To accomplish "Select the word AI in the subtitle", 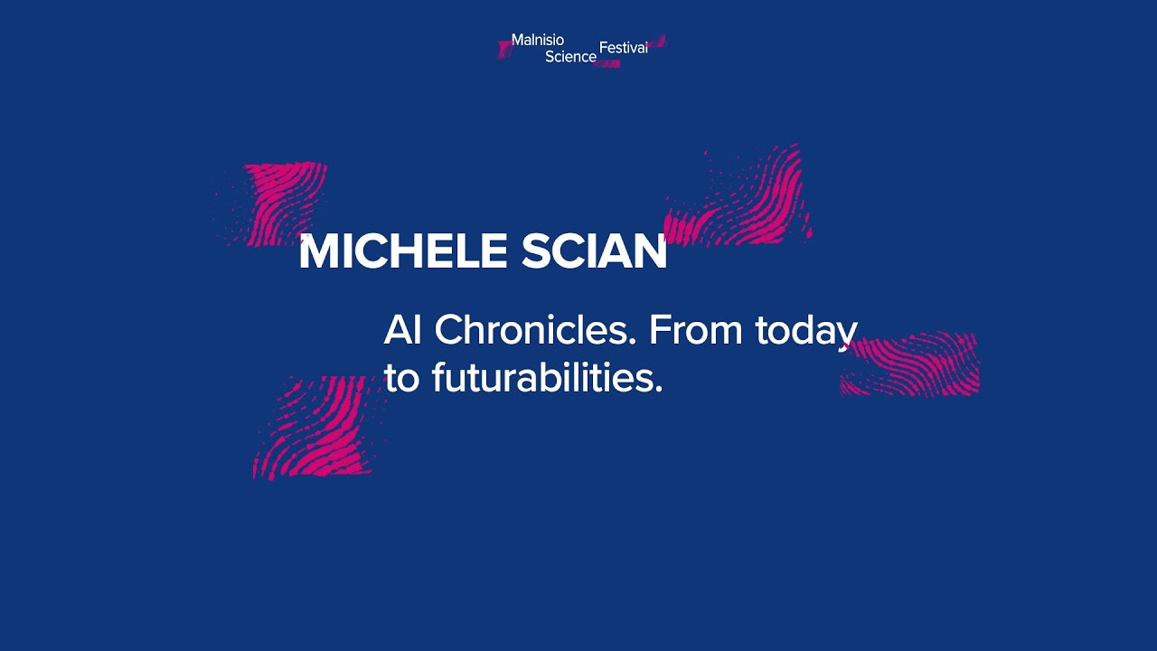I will click(x=403, y=331).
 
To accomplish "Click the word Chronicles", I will click(x=528, y=331).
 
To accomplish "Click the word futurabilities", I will click(x=543, y=378).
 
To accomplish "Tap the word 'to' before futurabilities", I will click(x=402, y=379).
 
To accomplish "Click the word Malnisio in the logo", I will click(x=538, y=40).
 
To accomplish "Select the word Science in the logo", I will click(x=570, y=56).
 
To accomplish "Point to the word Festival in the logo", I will click(x=624, y=48).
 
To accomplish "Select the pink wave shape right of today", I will click(x=913, y=363).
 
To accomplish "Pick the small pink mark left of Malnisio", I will click(x=504, y=48).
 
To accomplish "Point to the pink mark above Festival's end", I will click(x=658, y=40).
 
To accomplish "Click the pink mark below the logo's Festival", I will click(x=608, y=64).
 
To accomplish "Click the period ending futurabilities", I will click(x=658, y=390).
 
